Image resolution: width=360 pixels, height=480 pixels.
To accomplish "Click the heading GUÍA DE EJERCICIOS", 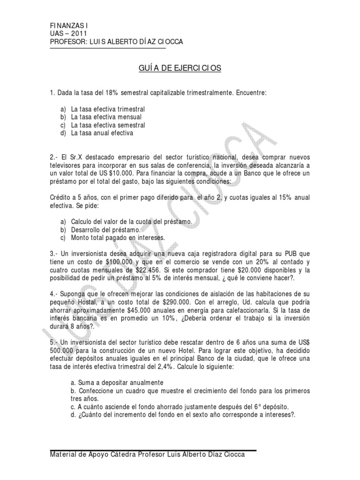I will [x=180, y=68].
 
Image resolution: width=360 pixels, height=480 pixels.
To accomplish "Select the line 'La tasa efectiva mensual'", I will [x=106, y=117].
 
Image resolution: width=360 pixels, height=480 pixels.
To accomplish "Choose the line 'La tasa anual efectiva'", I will [x=102, y=133].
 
